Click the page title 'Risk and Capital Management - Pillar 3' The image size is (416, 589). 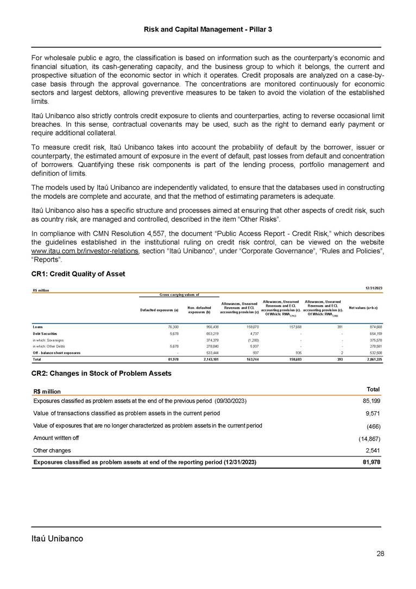(x=207, y=28)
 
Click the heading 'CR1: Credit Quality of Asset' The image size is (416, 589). (x=78, y=274)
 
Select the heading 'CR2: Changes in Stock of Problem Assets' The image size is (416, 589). (x=102, y=373)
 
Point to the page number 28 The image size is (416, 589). (x=380, y=554)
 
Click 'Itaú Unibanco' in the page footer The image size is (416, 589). (x=57, y=538)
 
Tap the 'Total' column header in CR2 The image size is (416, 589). (x=371, y=389)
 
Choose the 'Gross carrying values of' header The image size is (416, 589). (x=179, y=294)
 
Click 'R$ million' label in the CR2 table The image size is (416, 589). (x=47, y=392)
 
